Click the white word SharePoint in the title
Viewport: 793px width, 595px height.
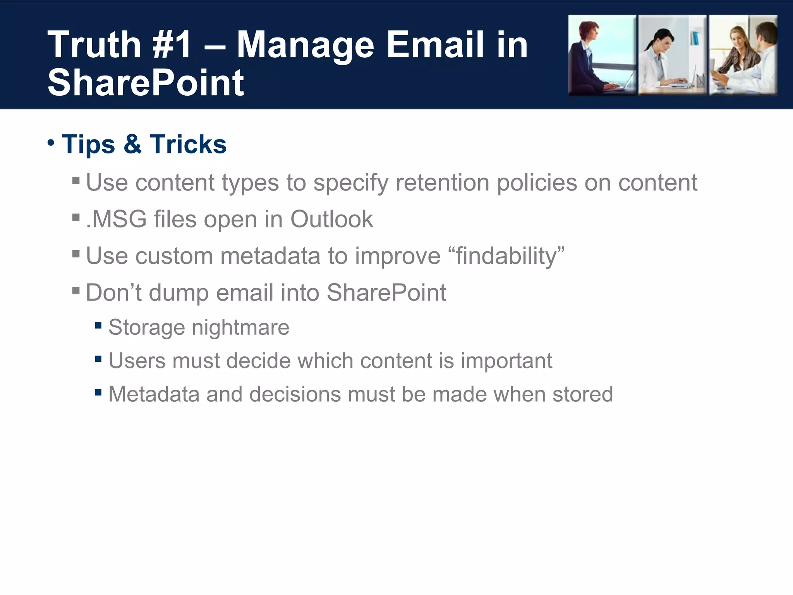(x=146, y=83)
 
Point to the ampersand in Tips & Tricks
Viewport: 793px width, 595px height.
(x=132, y=144)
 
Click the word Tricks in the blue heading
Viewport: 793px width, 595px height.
(x=188, y=144)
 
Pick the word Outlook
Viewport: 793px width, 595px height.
(x=331, y=219)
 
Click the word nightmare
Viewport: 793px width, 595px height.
(x=240, y=327)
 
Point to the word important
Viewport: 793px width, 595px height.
(x=506, y=361)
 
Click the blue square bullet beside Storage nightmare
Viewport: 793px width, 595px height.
(x=98, y=325)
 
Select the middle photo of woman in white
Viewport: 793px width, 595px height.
(x=672, y=55)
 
